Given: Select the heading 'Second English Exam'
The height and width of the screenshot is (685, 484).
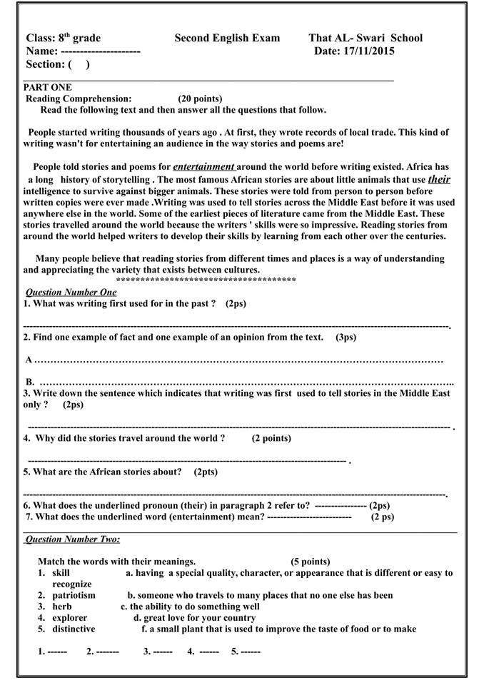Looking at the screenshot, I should [x=227, y=38].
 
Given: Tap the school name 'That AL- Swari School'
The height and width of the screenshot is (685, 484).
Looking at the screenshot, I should [x=365, y=38].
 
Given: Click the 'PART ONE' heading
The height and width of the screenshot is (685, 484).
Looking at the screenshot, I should [x=48, y=87].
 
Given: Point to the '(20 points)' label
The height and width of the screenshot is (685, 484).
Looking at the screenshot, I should [x=199, y=98].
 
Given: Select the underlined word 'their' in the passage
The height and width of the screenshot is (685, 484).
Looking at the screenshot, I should [x=439, y=179].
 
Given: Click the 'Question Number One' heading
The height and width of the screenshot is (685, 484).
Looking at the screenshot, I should [x=71, y=293].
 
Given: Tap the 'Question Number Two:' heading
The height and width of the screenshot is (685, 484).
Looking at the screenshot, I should [x=73, y=539].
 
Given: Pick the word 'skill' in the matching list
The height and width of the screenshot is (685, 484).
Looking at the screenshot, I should [x=61, y=573].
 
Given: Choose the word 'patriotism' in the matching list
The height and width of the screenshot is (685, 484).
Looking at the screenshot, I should [x=74, y=595].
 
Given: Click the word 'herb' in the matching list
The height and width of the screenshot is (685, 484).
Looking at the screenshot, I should [x=62, y=607].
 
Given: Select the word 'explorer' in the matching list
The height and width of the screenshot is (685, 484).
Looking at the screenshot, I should [x=70, y=618].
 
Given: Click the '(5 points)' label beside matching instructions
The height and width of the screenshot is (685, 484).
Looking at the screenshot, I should [x=311, y=562].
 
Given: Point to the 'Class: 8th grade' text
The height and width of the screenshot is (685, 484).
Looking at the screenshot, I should [x=64, y=38].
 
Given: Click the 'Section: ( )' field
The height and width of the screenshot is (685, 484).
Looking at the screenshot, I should [x=58, y=64].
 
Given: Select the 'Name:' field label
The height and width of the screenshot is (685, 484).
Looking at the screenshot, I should [x=42, y=51].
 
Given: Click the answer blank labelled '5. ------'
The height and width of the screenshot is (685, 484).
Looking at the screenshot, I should [x=246, y=651].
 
